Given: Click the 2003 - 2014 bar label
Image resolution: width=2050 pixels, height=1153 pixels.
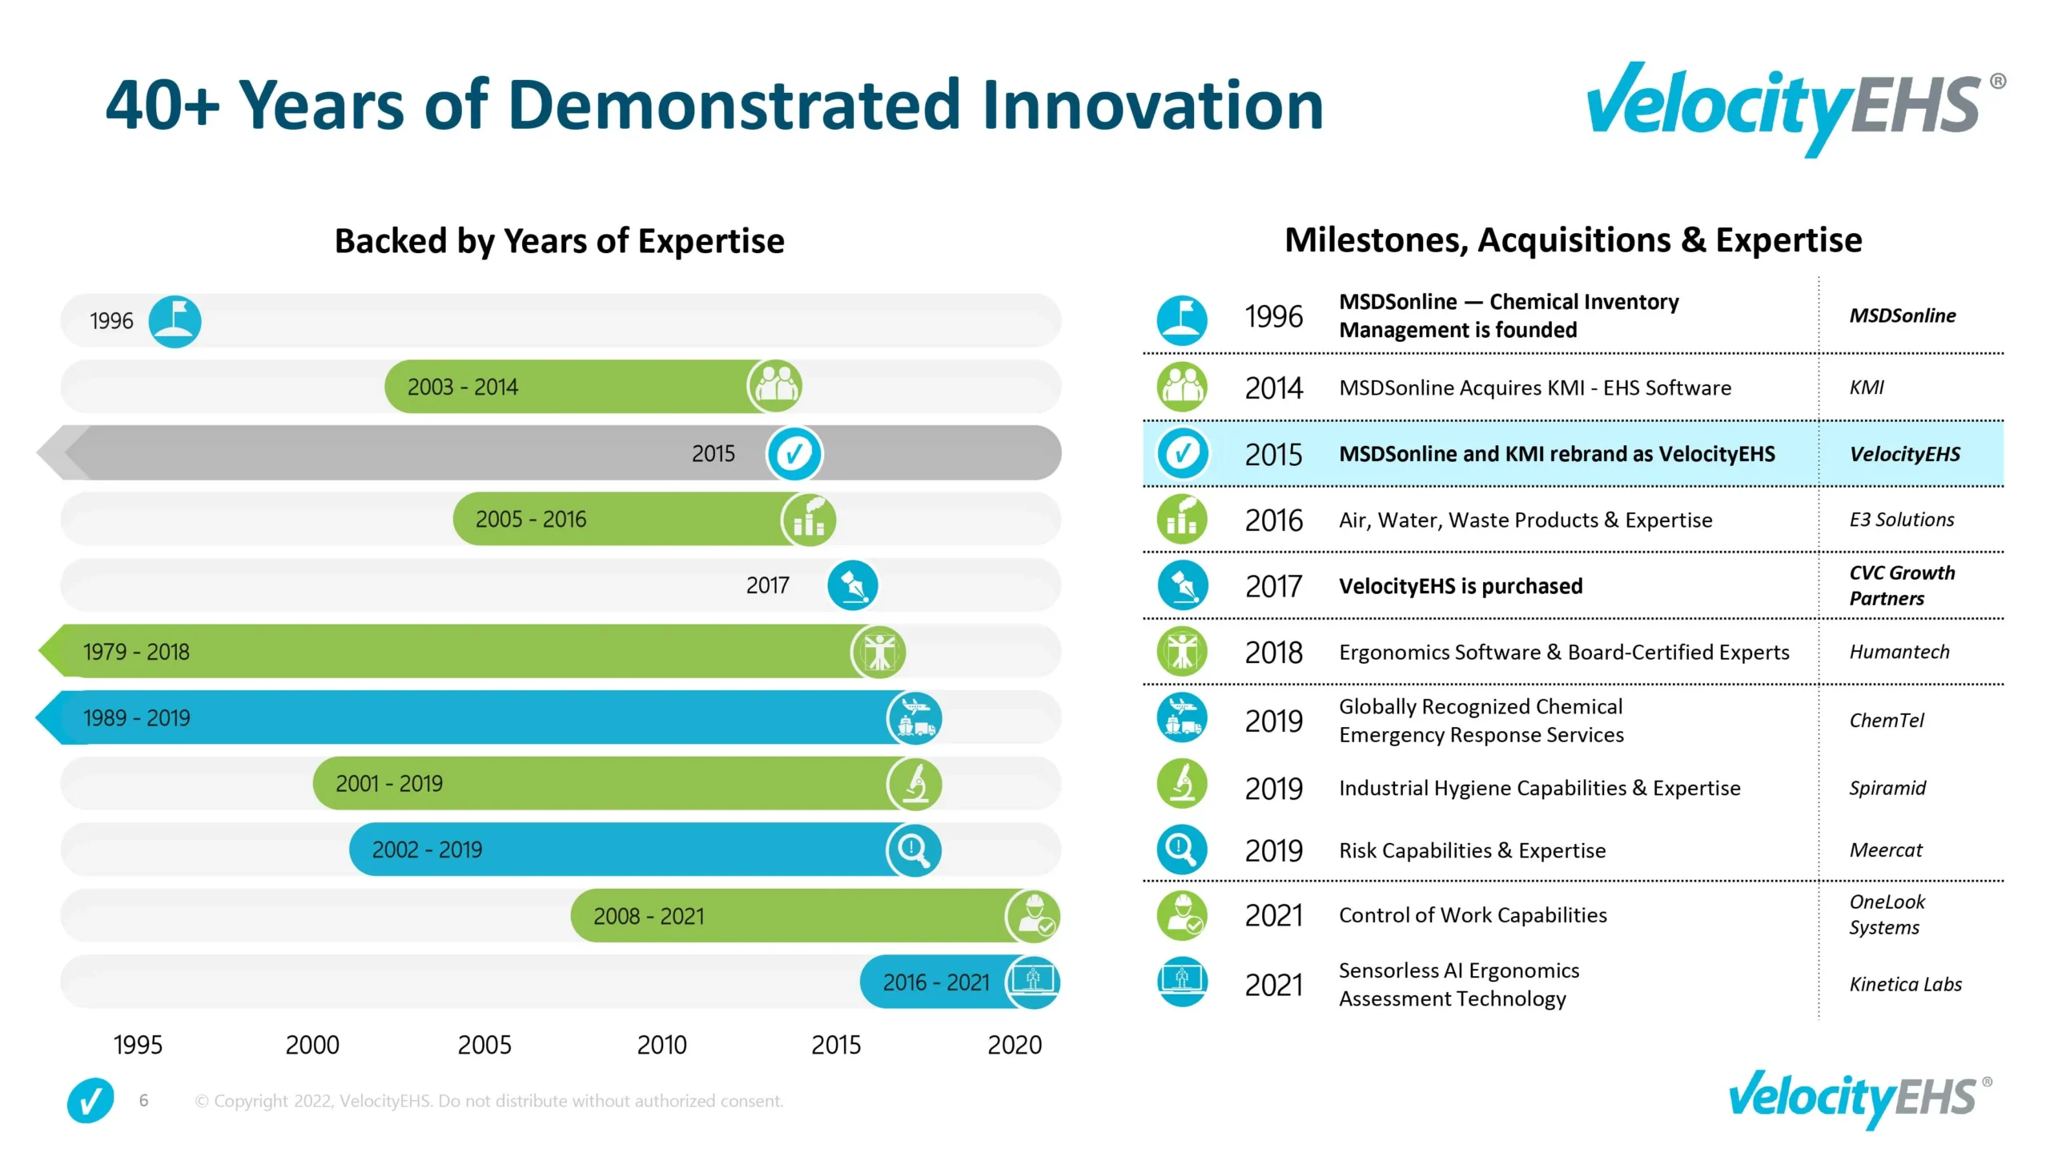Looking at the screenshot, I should pos(462,387).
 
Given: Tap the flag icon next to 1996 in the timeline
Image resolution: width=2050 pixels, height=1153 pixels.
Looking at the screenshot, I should pos(175,321).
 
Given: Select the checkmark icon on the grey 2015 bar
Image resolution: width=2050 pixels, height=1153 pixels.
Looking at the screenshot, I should pos(794,453).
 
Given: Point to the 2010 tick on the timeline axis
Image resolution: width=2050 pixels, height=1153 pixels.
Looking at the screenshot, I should pos(661,1045).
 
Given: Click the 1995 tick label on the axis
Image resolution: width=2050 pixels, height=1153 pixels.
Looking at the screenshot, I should pos(138,1045).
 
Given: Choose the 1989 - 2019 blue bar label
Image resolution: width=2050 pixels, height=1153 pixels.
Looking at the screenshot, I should pos(137,717).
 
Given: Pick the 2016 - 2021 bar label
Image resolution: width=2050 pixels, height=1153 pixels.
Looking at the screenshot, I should pos(935,982).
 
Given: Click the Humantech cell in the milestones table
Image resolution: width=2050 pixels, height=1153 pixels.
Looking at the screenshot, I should pos(1899,652).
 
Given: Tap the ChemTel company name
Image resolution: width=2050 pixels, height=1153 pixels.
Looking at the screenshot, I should pos(1886,721).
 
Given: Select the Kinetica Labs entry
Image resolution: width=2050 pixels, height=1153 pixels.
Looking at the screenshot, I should pos(1905,984).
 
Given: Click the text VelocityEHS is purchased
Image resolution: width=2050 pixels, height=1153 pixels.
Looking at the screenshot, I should pos(1460,586).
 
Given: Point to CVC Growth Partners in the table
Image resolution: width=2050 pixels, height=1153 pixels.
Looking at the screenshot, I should pos(1901,585).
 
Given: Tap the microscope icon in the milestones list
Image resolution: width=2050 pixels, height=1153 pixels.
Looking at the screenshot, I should pos(1182,783).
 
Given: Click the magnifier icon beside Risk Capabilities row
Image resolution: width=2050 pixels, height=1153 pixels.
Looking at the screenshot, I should pos(1182,850).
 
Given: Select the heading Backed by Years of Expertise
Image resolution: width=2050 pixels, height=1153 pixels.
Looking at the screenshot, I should pos(559,241).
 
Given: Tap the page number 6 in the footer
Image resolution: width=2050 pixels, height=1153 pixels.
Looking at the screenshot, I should pos(143,1100).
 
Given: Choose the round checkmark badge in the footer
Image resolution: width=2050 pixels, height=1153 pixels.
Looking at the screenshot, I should pos(90,1100).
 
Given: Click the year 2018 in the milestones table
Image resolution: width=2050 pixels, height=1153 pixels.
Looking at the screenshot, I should pos(1273,653).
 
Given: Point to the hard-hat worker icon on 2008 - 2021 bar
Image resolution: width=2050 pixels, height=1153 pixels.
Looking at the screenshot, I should pos(1033,915).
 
